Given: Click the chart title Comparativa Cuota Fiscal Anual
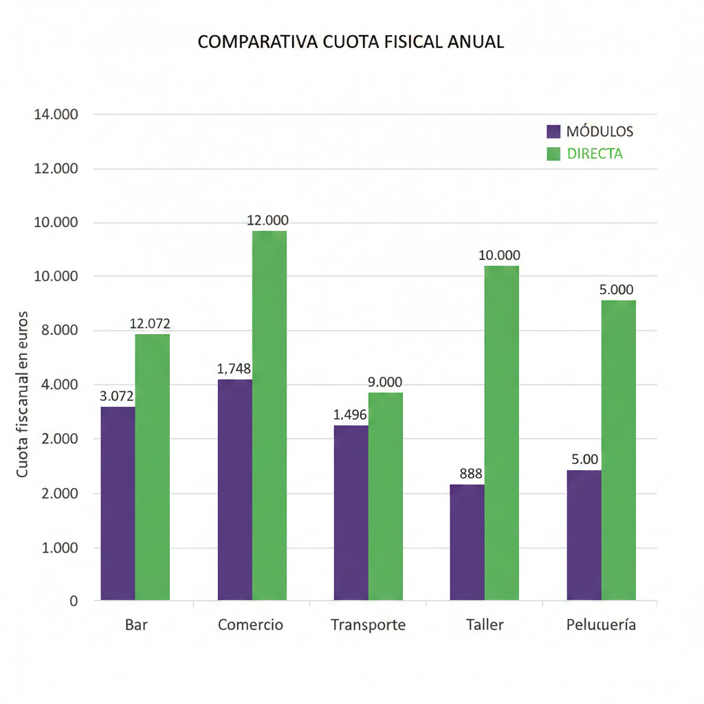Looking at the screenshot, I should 351,42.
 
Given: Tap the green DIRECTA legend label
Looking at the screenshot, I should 595,154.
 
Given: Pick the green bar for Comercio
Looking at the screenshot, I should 269,415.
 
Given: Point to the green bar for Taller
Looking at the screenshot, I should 502,433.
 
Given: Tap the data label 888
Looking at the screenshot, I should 471,474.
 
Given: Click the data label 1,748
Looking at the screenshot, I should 234,369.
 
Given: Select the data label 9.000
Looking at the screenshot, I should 385,382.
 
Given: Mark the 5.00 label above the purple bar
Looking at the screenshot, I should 584,459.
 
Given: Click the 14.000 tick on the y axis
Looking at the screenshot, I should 56,114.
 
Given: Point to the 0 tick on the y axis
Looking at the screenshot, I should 74,602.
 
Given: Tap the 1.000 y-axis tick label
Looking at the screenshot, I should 59,548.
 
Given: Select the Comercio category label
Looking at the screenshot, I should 250,625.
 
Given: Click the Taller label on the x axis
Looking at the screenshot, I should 485,625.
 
